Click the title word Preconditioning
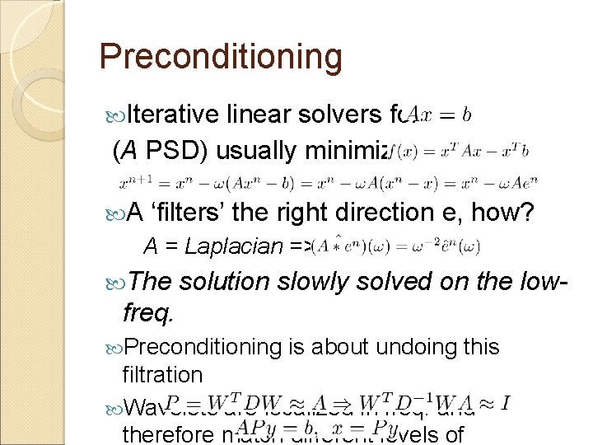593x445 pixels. point(220,56)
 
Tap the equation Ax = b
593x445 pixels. point(440,115)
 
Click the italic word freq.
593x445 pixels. point(144,311)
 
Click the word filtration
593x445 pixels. point(161,374)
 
